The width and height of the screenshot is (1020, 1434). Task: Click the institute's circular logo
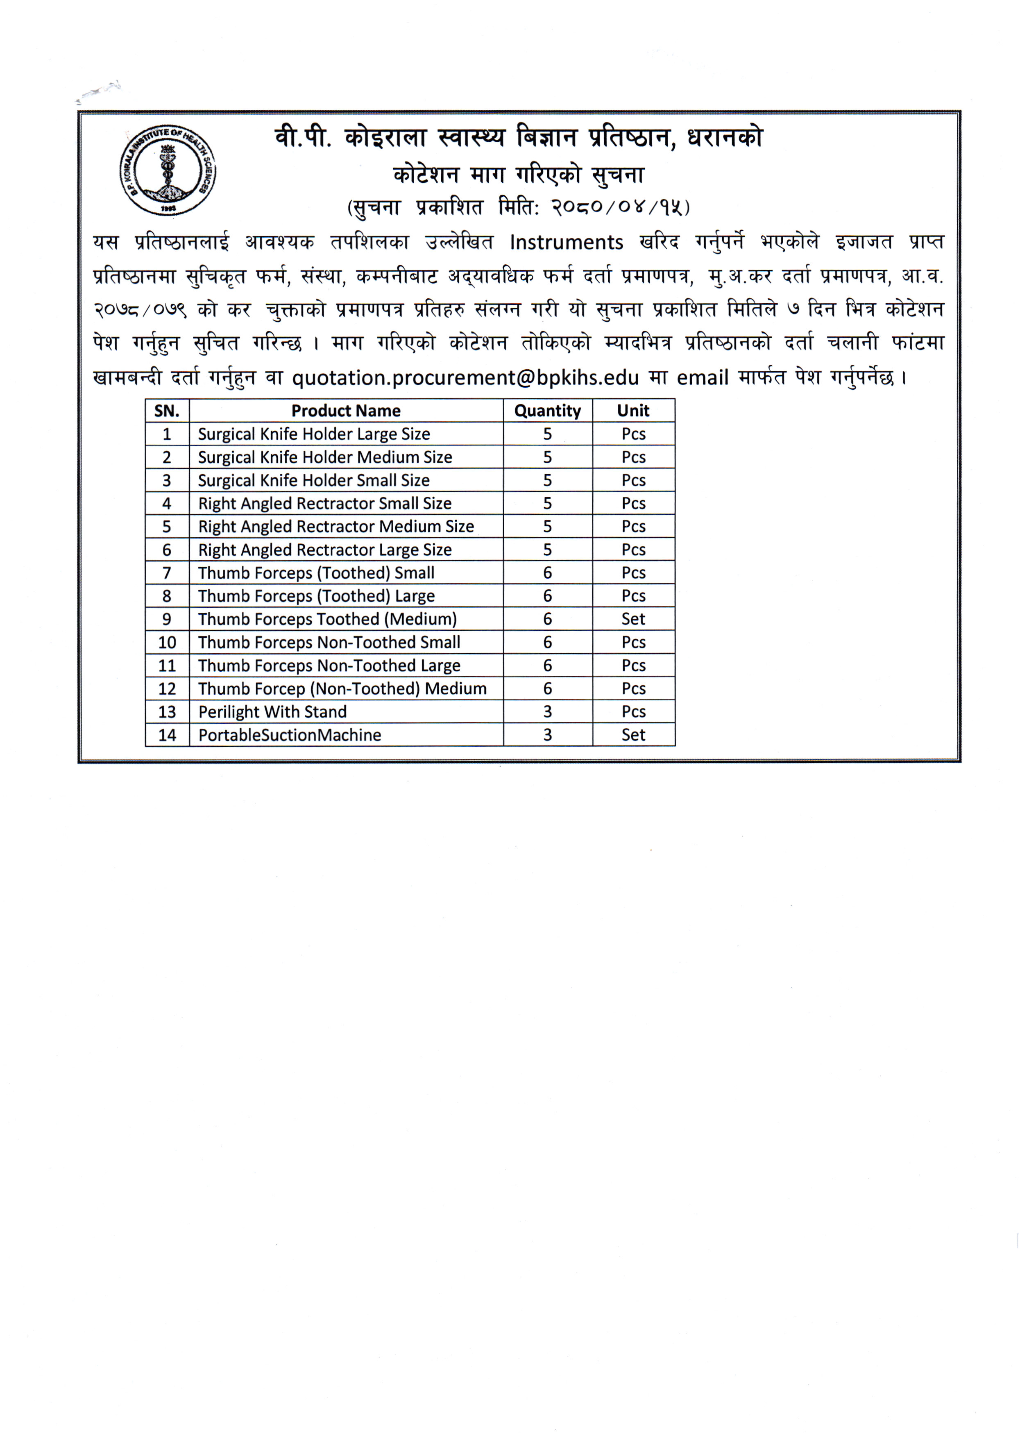point(167,170)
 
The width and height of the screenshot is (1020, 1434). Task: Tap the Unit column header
point(633,411)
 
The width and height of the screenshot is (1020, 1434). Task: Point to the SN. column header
point(167,411)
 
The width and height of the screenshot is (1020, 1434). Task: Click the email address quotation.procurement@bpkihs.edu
point(465,378)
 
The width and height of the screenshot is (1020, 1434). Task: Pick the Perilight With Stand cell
point(272,712)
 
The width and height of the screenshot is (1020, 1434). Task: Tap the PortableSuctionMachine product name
point(290,735)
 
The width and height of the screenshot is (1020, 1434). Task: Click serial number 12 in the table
point(167,689)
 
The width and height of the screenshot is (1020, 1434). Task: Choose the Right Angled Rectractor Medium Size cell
point(335,527)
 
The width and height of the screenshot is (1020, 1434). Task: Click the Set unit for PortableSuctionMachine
point(633,735)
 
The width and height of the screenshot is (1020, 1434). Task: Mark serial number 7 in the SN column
point(167,573)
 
